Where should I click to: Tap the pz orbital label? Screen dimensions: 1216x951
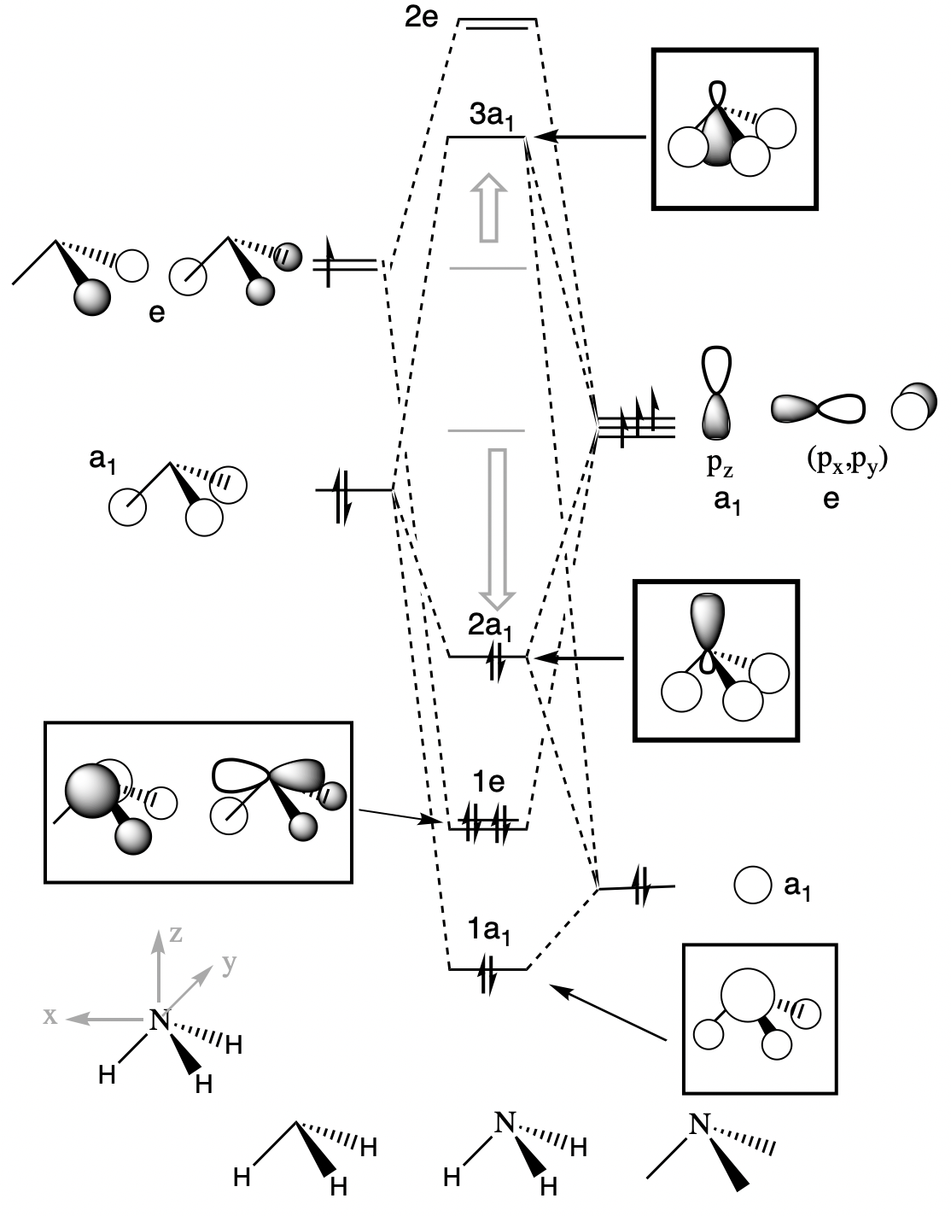718,465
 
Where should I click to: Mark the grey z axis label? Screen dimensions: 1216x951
176,933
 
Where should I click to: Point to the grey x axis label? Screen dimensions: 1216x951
51,1016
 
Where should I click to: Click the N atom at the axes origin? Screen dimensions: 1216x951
158,1019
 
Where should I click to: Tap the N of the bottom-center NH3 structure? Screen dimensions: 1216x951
505,1122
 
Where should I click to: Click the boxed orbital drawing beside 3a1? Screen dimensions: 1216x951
735,129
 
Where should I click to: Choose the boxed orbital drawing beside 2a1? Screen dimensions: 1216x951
715,658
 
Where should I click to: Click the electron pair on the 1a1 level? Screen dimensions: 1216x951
487,974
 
